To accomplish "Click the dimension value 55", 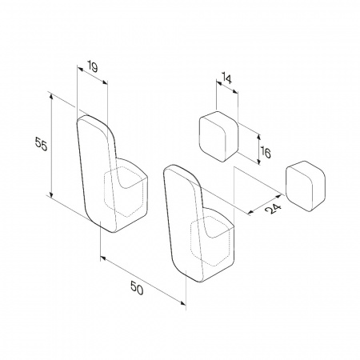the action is click(42, 144).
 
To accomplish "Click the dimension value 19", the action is click(92, 67).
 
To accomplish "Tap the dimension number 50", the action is click(137, 288).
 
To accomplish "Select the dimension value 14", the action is click(226, 79).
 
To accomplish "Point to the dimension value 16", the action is click(266, 152).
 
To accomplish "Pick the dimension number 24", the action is click(274, 209).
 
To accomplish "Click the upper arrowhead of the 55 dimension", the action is click(51, 97).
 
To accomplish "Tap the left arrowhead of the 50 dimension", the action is click(103, 258).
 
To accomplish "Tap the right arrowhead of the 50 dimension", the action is click(183, 302).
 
